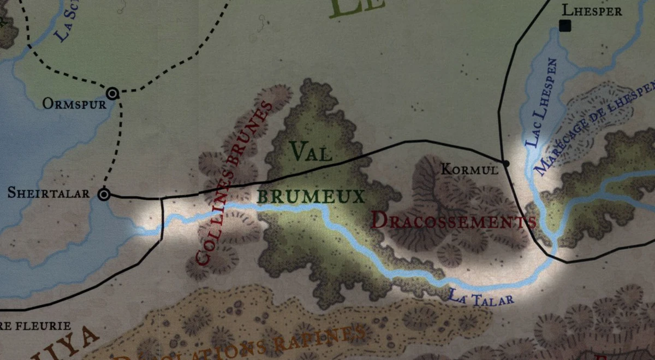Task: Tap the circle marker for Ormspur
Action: (x=113, y=93)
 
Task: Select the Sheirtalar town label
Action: (x=49, y=193)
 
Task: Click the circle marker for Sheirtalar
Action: (x=103, y=194)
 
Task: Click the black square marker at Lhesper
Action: (x=565, y=25)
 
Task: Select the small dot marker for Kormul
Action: (x=506, y=163)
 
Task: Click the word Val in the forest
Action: (x=312, y=152)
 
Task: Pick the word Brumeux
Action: (x=311, y=196)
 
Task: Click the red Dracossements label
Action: (x=452, y=220)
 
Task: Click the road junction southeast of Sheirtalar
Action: (x=162, y=199)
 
